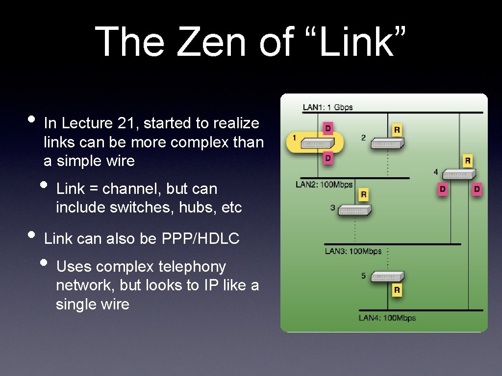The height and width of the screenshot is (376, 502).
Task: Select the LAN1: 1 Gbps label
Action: (x=327, y=107)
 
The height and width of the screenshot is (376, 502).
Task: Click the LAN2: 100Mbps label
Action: (x=324, y=185)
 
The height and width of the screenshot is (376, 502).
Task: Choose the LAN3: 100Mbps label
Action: (x=353, y=251)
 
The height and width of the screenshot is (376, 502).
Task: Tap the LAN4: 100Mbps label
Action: (x=387, y=318)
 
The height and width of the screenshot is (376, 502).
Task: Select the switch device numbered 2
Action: (x=387, y=143)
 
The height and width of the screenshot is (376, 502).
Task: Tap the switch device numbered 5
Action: (x=387, y=277)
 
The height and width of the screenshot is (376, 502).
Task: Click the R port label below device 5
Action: (x=397, y=290)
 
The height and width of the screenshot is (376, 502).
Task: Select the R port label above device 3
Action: (x=363, y=195)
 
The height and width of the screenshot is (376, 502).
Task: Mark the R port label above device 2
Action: (x=397, y=130)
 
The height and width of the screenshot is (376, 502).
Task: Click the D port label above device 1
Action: (x=327, y=129)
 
